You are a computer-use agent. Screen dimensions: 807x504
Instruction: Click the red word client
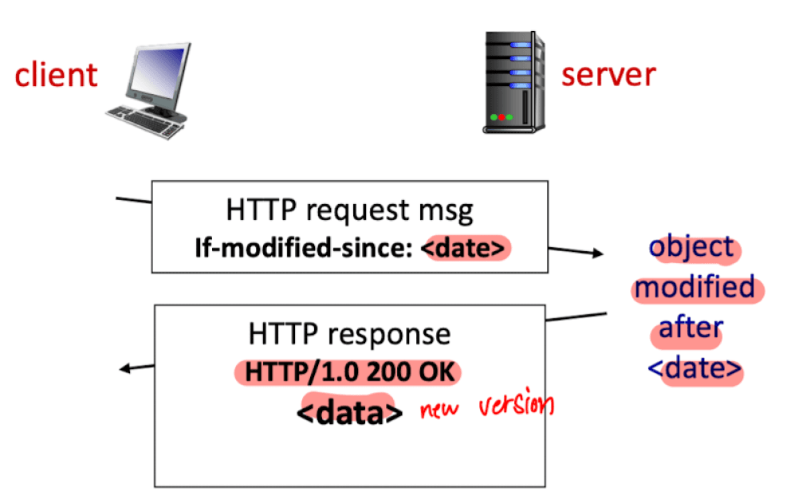coord(56,75)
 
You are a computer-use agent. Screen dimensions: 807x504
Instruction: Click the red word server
coord(608,75)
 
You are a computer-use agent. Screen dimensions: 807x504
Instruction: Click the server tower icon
coord(514,82)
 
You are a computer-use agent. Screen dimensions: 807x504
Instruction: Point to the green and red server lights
coord(502,117)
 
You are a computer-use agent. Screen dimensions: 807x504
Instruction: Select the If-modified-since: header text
coord(304,248)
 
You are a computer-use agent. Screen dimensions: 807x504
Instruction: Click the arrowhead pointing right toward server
coord(597,253)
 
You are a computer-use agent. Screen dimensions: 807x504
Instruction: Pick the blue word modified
coord(695,287)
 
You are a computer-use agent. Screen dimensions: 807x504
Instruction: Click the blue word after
coord(691,328)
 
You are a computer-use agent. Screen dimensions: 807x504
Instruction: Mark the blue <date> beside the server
coord(695,368)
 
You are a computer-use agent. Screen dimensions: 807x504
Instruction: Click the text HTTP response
coord(349,334)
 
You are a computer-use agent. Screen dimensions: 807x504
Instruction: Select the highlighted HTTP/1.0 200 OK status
coord(350,372)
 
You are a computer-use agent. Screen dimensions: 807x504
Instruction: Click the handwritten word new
coord(439,409)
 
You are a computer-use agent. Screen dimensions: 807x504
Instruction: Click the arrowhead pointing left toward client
coord(125,368)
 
